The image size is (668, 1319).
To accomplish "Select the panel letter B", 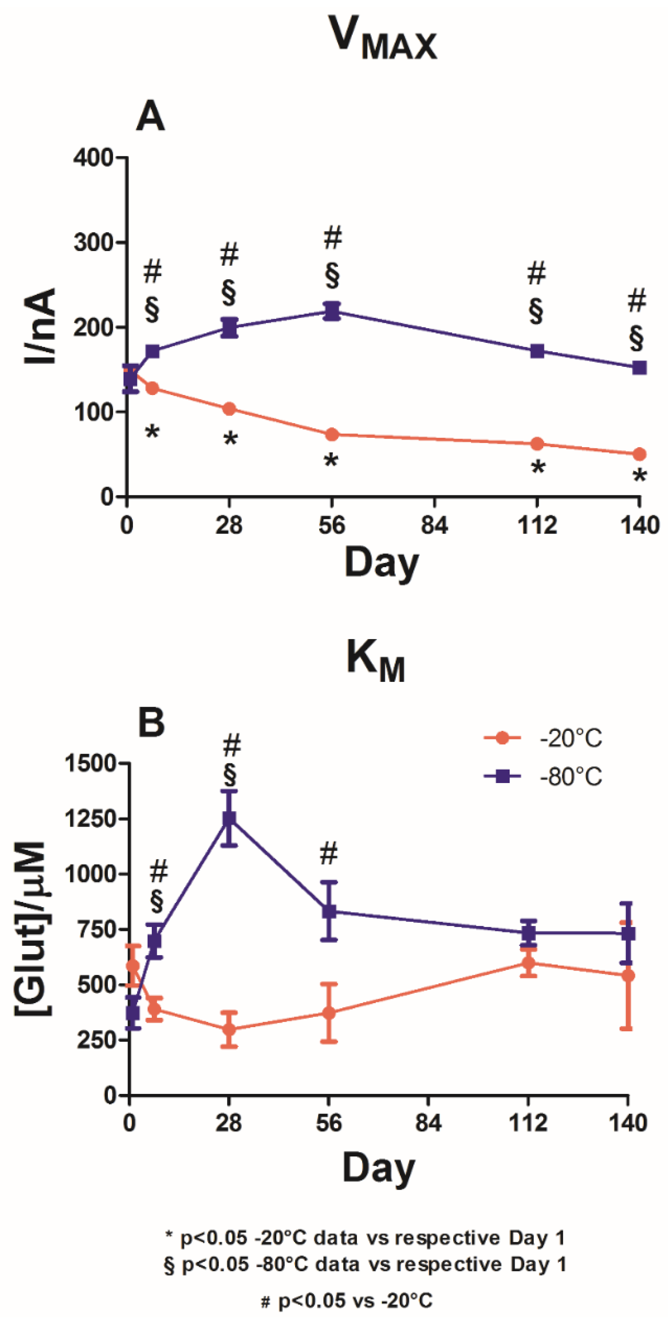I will coord(151,722).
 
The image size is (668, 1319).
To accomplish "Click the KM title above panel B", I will coord(376,661).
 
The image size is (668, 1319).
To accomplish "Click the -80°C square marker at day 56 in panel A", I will coord(332,311).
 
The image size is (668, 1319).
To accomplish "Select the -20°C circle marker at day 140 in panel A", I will coord(639,454).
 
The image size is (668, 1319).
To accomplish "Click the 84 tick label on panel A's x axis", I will coord(434,526).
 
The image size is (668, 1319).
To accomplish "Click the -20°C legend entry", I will coord(543,738).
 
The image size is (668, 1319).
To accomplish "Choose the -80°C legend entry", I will coord(543,777).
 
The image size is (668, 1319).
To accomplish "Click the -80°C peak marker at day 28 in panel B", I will coord(229,819).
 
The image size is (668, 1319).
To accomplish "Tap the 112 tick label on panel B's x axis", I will coord(528,1123).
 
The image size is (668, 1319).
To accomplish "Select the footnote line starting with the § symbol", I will coord(365,1264).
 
